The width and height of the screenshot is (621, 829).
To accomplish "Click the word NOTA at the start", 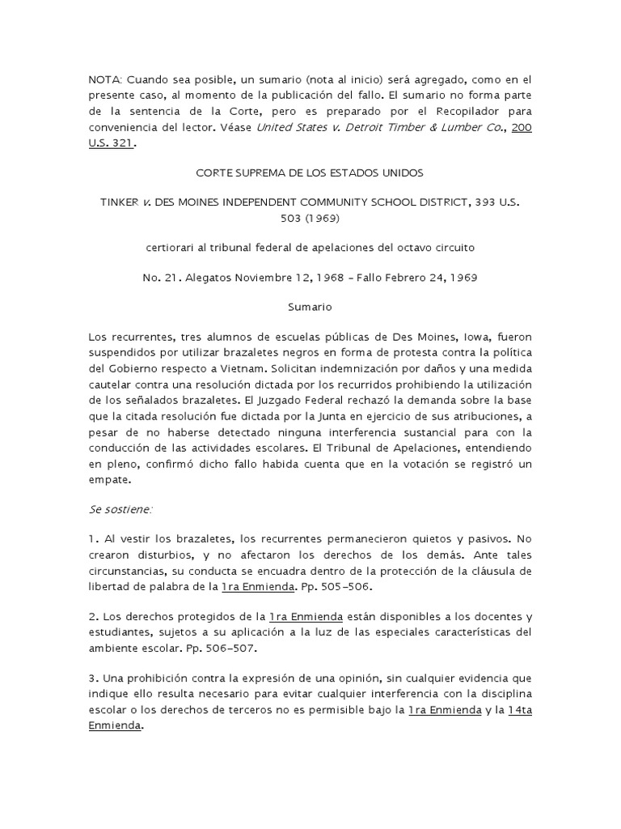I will click(103, 79).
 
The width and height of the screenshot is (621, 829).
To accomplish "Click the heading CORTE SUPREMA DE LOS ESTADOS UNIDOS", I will click(310, 173).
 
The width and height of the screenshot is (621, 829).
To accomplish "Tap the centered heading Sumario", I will click(310, 308).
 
